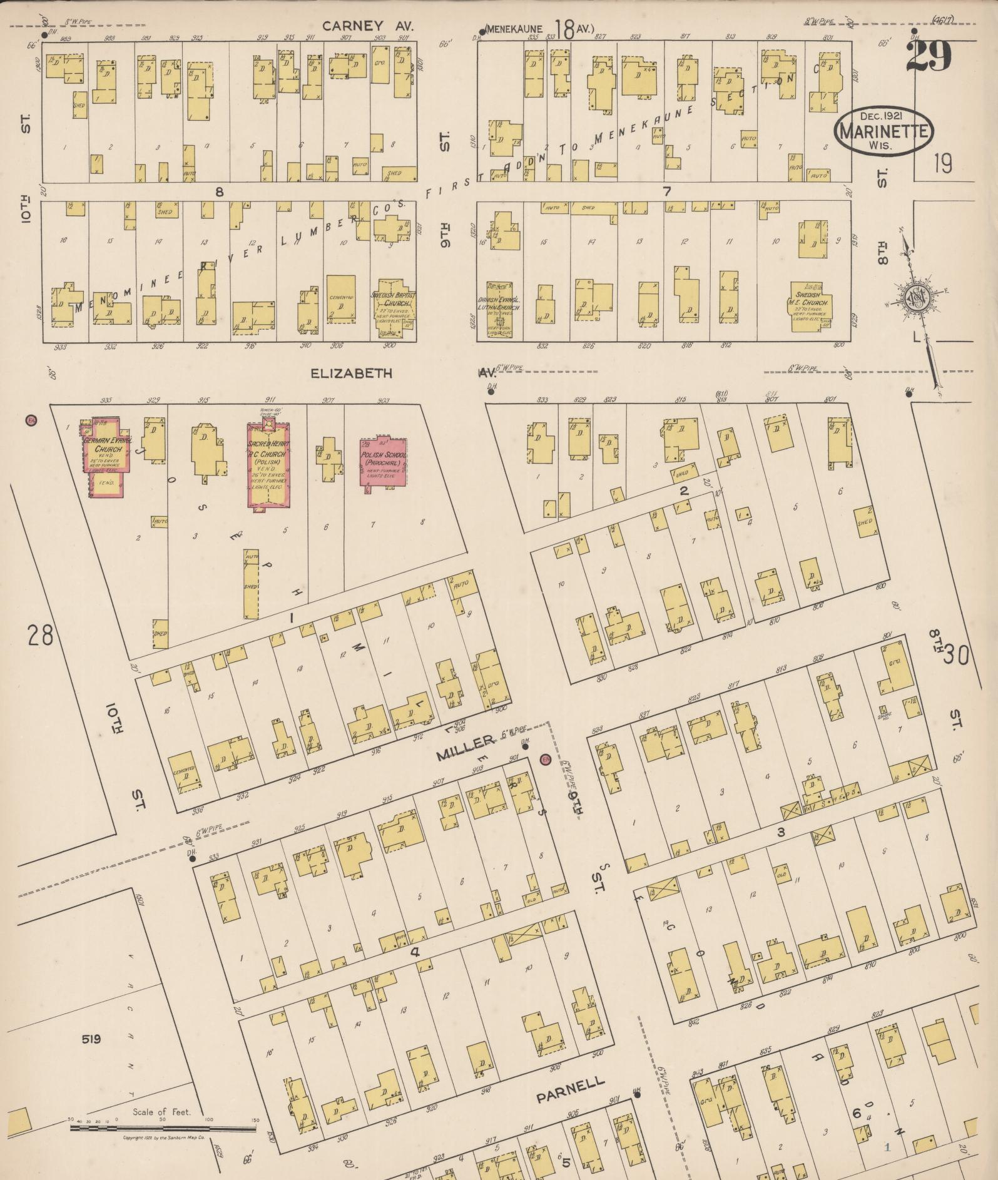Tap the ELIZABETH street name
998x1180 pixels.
tap(352, 374)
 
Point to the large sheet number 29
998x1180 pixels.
tap(928, 56)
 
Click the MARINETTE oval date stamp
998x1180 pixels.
tap(883, 131)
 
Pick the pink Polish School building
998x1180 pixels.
tap(383, 460)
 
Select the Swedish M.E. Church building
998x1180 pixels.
tap(812, 306)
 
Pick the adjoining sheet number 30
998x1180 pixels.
tap(956, 655)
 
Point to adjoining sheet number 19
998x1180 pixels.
tap(942, 164)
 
